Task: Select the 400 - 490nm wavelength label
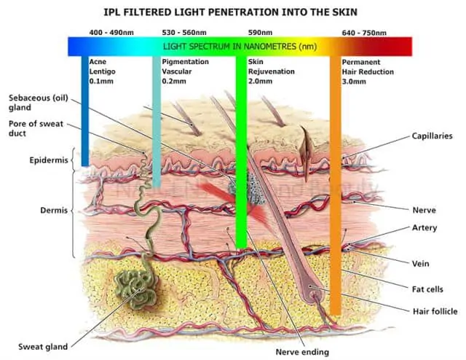[x=111, y=33]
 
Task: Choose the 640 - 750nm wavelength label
[x=363, y=33]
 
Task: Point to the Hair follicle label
[x=435, y=311]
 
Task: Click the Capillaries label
[x=433, y=136]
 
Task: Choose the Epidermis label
[x=49, y=160]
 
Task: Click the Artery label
[x=424, y=227]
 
